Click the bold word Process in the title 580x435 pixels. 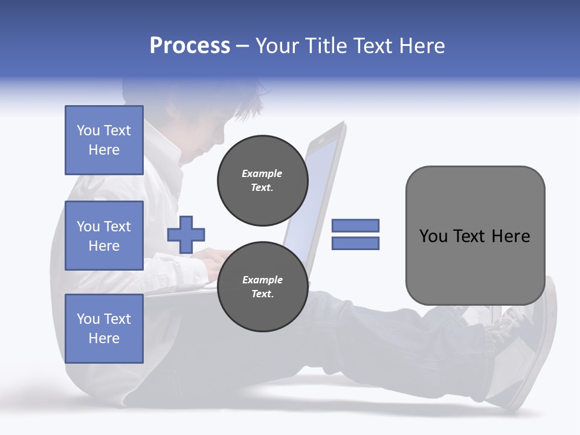190,46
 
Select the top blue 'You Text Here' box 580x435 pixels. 104,140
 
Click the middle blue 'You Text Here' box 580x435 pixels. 104,236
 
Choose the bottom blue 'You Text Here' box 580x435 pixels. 104,329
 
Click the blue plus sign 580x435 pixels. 185,234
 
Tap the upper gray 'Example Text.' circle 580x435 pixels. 262,181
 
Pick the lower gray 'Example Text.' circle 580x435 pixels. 262,287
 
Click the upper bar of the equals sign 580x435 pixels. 355,225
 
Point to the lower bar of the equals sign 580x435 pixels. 355,243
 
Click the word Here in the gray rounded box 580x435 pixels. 511,236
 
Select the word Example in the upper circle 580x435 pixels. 262,173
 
